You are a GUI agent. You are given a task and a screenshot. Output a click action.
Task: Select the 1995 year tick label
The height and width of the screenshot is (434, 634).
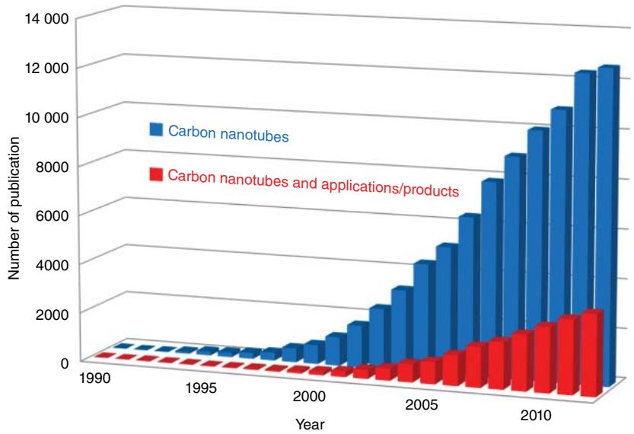click(x=202, y=388)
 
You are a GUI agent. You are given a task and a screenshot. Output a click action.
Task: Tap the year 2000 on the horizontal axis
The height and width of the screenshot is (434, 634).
click(x=308, y=397)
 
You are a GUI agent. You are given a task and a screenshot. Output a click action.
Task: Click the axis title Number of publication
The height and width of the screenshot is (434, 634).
click(x=14, y=210)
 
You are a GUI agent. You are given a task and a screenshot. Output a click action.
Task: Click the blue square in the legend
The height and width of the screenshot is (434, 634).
click(x=155, y=130)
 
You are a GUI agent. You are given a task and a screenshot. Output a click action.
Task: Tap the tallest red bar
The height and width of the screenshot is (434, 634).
click(x=592, y=354)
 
